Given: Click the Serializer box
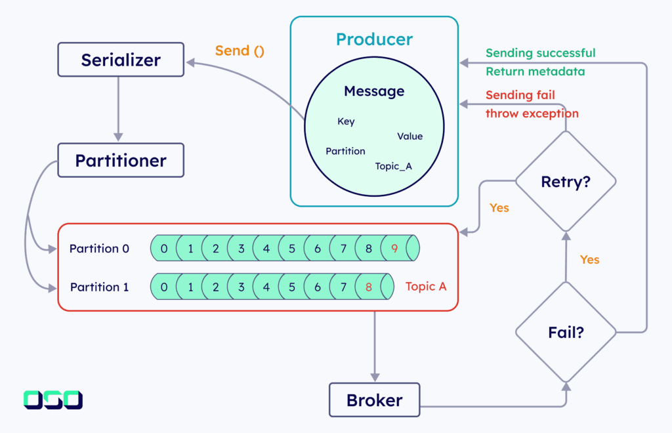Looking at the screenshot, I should (x=121, y=60).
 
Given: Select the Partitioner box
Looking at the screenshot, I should (x=121, y=161).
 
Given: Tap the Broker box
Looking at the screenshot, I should (x=374, y=400).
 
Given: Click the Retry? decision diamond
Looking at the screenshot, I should (x=565, y=182).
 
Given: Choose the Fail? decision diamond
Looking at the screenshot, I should (x=565, y=333).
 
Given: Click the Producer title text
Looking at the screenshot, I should (x=374, y=39).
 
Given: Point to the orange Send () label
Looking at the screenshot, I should (x=240, y=51).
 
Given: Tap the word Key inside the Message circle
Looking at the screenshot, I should (x=346, y=121).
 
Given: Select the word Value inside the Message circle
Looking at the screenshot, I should (x=409, y=136).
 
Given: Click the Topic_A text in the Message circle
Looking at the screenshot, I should (x=393, y=166).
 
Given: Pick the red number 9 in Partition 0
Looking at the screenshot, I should (x=394, y=249).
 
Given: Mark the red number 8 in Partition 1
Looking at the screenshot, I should (x=369, y=287).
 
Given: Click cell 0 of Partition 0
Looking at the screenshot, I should (x=164, y=249).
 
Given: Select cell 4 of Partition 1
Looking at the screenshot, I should (x=266, y=287).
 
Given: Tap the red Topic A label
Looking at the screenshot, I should (x=426, y=287).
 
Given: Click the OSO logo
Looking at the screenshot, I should (x=53, y=400).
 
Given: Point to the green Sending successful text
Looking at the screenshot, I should (x=540, y=53).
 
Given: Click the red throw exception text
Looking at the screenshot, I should (x=532, y=113).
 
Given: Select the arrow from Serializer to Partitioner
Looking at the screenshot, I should (x=119, y=108).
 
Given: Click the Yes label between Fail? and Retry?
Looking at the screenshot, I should (x=589, y=260).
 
